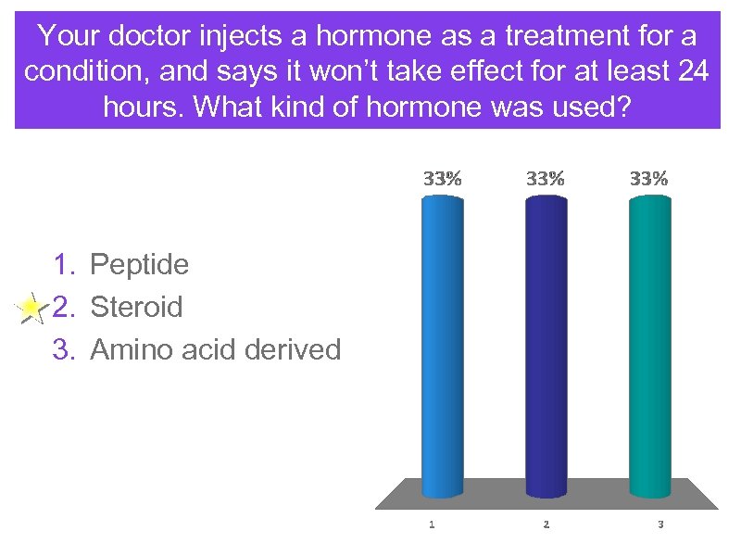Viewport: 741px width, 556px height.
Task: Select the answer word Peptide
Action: click(139, 265)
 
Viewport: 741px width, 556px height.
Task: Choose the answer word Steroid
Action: click(136, 307)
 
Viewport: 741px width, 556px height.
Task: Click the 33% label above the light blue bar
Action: click(442, 180)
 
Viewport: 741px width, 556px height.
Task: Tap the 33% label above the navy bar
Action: click(546, 180)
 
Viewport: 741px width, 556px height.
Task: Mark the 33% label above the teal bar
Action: click(648, 180)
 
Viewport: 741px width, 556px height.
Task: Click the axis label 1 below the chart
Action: click(432, 524)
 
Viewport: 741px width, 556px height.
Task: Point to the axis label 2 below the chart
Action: click(546, 524)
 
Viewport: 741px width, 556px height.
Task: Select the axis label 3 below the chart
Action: click(659, 524)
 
